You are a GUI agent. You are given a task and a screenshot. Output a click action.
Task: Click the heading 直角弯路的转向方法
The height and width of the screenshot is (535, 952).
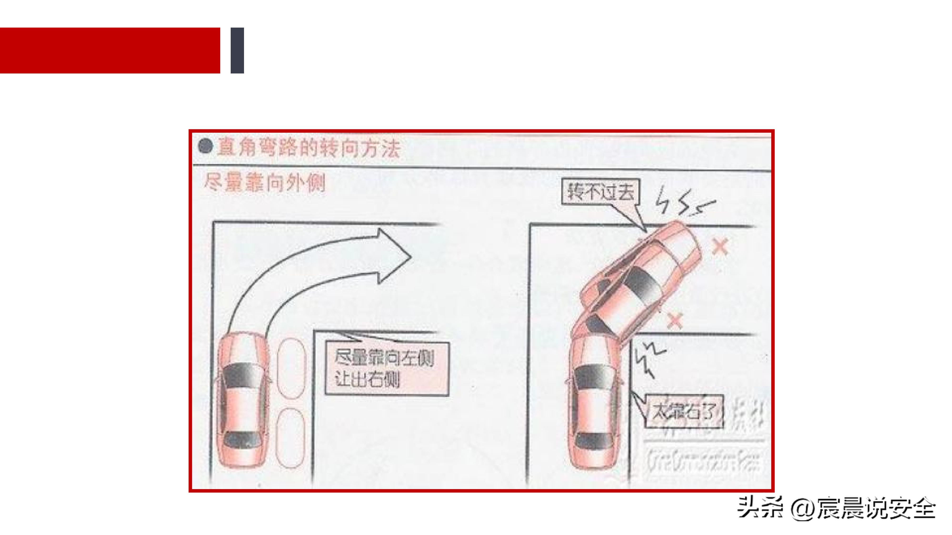[309, 148]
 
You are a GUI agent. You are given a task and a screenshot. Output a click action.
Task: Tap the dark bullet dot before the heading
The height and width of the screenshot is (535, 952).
[205, 146]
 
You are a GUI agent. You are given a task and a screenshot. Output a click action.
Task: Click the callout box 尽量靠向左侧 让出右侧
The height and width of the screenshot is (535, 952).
[387, 369]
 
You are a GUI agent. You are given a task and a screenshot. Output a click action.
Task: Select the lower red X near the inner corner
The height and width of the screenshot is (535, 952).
[675, 320]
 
